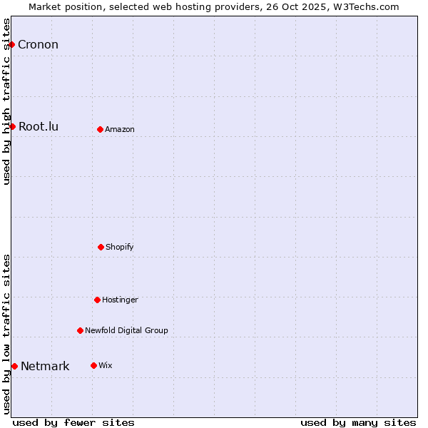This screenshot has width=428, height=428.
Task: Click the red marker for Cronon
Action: point(11,45)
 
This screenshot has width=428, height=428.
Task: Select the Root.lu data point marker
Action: point(12,127)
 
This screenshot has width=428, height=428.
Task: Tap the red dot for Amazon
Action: point(100,129)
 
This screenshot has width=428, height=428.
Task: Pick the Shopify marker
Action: point(101,247)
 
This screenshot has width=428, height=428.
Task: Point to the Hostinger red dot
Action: point(97,300)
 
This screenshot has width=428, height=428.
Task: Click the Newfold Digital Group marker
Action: point(80,330)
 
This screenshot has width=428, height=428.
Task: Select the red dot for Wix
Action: point(93,365)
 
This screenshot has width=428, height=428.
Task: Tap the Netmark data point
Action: point(14,366)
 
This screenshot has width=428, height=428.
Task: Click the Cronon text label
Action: point(38,45)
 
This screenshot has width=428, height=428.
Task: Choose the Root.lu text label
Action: point(39,127)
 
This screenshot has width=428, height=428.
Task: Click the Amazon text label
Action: point(120,129)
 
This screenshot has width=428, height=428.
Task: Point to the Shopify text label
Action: point(120,247)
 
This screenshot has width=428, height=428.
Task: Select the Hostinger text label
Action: point(120,300)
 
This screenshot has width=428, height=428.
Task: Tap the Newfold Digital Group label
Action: point(126,330)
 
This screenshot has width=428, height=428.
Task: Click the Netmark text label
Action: point(45,367)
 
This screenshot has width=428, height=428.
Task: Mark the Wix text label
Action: point(106,365)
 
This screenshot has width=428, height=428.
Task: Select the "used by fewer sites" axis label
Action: point(73,422)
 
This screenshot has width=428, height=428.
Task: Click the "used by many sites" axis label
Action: point(358,422)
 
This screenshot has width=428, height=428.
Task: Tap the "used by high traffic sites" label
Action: point(7,101)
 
